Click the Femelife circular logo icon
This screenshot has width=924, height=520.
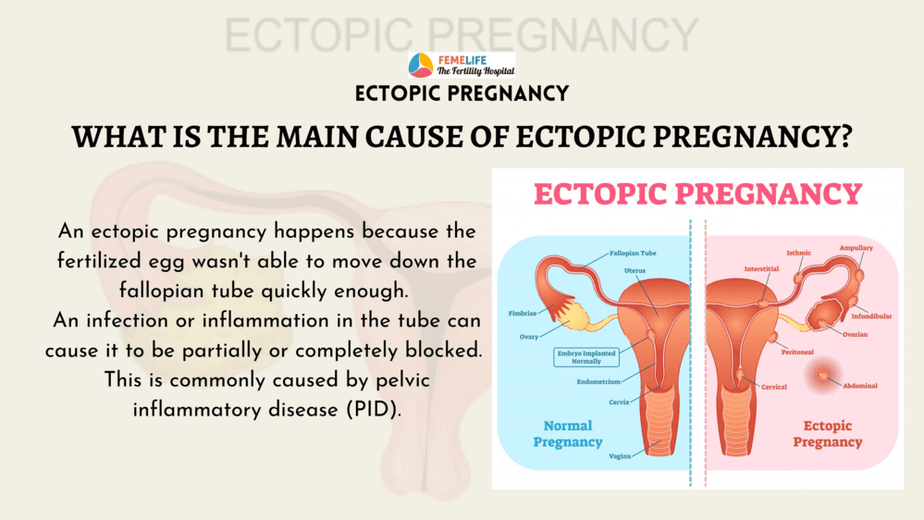pyautogui.click(x=421, y=65)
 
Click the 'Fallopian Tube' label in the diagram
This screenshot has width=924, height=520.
pyautogui.click(x=633, y=253)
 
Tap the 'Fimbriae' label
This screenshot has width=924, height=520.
pyautogui.click(x=522, y=313)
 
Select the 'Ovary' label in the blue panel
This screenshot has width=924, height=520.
pyautogui.click(x=528, y=337)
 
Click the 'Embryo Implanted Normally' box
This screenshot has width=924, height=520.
pyautogui.click(x=586, y=357)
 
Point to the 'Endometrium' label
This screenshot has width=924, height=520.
pyautogui.click(x=598, y=381)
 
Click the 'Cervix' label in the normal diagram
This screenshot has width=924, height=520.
pyautogui.click(x=619, y=402)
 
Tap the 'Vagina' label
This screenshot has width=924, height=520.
pyautogui.click(x=620, y=456)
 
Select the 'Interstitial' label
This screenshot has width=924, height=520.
pyautogui.click(x=761, y=269)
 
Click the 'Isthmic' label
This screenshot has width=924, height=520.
pyautogui.click(x=798, y=253)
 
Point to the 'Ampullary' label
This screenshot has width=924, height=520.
pyautogui.click(x=856, y=248)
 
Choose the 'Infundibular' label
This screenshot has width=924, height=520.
pyautogui.click(x=871, y=316)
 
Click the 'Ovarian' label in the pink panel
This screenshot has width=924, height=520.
pyautogui.click(x=855, y=334)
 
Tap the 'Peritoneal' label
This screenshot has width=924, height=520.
pyautogui.click(x=797, y=352)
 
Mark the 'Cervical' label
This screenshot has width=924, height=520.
pyautogui.click(x=774, y=387)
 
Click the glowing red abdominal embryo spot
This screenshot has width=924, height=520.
pyautogui.click(x=822, y=375)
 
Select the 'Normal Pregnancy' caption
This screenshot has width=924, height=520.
pyautogui.click(x=568, y=434)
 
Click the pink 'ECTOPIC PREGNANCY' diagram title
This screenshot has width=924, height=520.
pyautogui.click(x=697, y=194)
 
